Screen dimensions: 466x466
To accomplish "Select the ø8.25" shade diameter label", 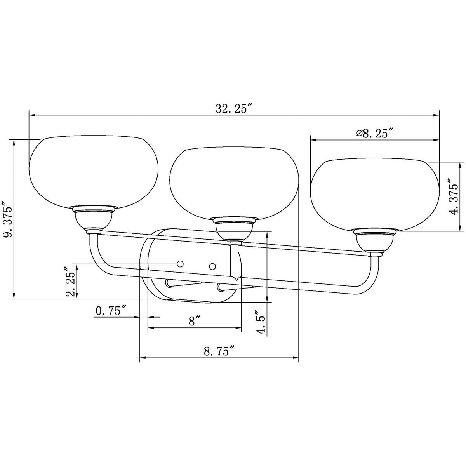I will pos(375,134).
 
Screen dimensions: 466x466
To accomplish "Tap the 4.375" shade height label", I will pos(453,196).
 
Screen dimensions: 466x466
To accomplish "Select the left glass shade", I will pos(94,171).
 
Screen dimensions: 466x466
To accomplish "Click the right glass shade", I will pos(374,194).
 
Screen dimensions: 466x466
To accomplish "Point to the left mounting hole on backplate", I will pos(180,264).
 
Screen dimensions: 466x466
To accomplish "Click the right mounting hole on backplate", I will pos(212,266).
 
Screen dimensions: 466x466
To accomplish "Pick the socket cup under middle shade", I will pos(234,230).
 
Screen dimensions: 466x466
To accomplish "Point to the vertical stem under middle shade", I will pos(234,260).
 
